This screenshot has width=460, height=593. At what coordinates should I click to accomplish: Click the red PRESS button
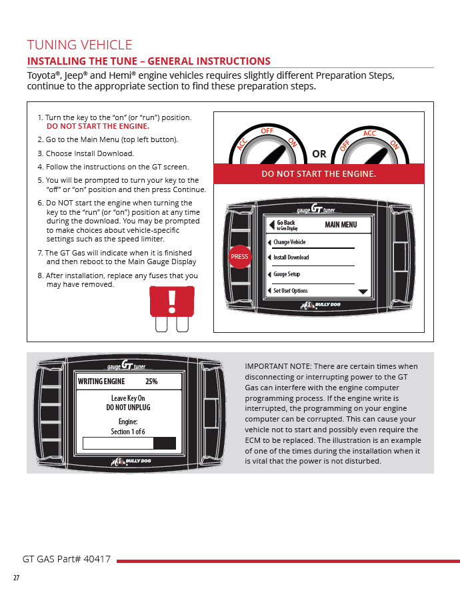(x=239, y=256)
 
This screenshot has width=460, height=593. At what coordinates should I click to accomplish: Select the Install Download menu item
(x=291, y=257)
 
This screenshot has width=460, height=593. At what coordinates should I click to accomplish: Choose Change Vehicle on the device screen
(x=289, y=242)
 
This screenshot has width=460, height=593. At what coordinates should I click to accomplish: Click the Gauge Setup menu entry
(x=287, y=274)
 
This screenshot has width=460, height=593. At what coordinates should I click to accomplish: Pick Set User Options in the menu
(x=291, y=291)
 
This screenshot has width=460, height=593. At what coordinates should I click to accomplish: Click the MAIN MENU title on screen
(x=341, y=225)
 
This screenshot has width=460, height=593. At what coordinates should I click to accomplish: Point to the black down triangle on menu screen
(x=363, y=292)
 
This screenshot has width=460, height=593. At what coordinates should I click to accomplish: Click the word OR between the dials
(x=319, y=154)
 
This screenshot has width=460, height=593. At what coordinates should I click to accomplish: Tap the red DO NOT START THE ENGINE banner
(x=319, y=174)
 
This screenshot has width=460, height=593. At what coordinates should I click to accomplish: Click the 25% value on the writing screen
(x=151, y=382)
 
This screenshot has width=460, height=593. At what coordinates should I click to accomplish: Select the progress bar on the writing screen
(x=129, y=443)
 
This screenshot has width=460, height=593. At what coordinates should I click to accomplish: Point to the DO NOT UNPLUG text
(x=128, y=407)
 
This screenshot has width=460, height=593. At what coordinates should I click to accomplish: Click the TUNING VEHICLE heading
(x=79, y=45)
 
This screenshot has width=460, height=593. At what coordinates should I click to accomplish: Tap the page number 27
(x=16, y=578)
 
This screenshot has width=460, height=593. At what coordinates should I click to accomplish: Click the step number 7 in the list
(x=40, y=253)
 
